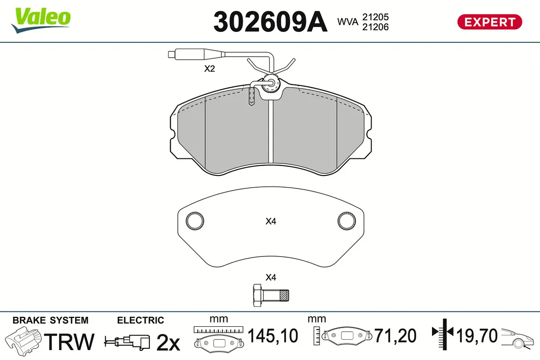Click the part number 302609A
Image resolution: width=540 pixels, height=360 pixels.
click(x=270, y=21)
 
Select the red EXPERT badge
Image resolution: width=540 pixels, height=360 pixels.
click(x=490, y=22)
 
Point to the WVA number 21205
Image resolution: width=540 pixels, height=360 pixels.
click(x=375, y=17)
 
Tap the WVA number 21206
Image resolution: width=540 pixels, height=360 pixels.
click(x=375, y=27)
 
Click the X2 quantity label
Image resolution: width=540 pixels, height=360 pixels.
click(x=210, y=69)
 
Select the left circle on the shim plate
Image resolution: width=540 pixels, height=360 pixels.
click(x=195, y=220)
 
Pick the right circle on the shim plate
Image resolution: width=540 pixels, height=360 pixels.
click(x=346, y=220)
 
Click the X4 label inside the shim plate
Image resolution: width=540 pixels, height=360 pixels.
click(x=270, y=221)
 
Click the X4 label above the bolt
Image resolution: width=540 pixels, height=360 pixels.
click(x=270, y=277)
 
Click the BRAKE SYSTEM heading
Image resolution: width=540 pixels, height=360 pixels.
click(x=50, y=320)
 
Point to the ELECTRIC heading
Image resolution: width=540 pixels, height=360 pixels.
click(x=140, y=320)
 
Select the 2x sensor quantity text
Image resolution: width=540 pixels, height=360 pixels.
click(x=168, y=343)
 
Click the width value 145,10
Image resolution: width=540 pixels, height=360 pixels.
click(x=273, y=336)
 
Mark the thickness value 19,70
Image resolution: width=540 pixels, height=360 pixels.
click(x=477, y=336)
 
